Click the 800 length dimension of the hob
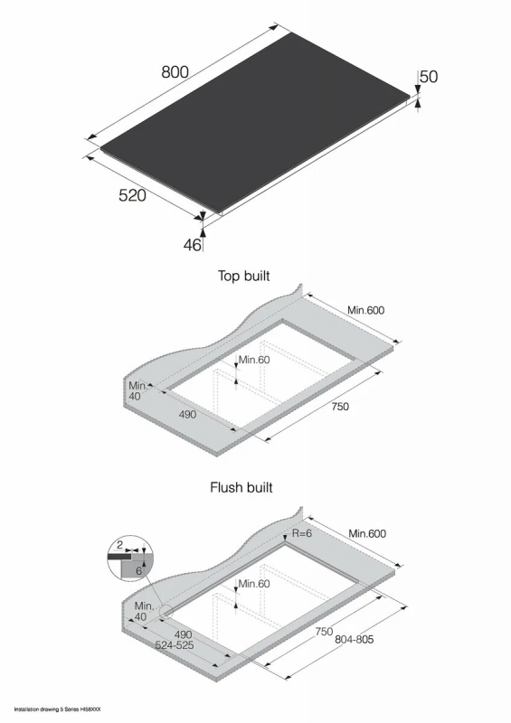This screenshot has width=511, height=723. [175, 72]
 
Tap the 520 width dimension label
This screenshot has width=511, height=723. [132, 195]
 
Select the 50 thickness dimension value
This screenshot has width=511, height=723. [429, 77]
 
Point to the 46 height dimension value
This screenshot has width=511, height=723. [193, 245]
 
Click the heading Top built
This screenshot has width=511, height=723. [243, 276]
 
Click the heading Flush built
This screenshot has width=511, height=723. [241, 487]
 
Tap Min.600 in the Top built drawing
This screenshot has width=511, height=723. [366, 310]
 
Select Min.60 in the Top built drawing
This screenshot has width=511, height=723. [254, 360]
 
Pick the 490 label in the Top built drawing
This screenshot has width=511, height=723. [188, 415]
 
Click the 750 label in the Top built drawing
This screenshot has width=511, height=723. [340, 406]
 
